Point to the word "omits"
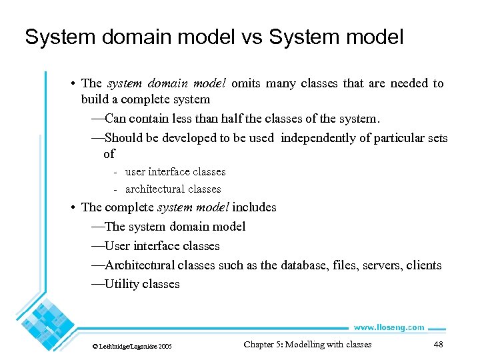click(247, 83)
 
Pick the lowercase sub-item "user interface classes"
click(175, 172)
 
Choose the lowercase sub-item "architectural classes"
click(173, 189)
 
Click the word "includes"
click(254, 207)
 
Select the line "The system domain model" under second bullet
click(175, 227)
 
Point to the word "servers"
click(379, 265)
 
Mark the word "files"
click(340, 265)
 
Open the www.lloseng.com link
click(388, 327)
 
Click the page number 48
click(438, 345)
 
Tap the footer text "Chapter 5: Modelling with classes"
click(307, 345)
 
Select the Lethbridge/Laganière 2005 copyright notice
click(132, 347)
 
